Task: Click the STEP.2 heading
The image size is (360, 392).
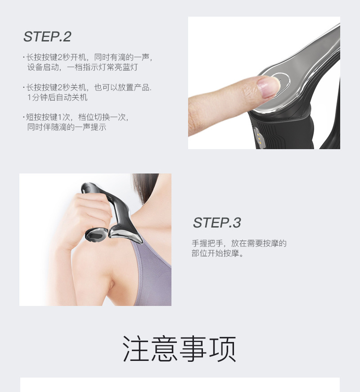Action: click(x=47, y=36)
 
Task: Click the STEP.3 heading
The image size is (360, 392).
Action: click(x=217, y=222)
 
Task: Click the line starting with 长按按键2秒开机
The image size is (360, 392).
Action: click(x=90, y=58)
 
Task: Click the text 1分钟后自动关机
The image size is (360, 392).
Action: click(x=58, y=97)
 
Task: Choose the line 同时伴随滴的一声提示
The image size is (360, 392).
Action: click(x=67, y=127)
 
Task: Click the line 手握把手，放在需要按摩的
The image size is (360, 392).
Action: click(x=239, y=243)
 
